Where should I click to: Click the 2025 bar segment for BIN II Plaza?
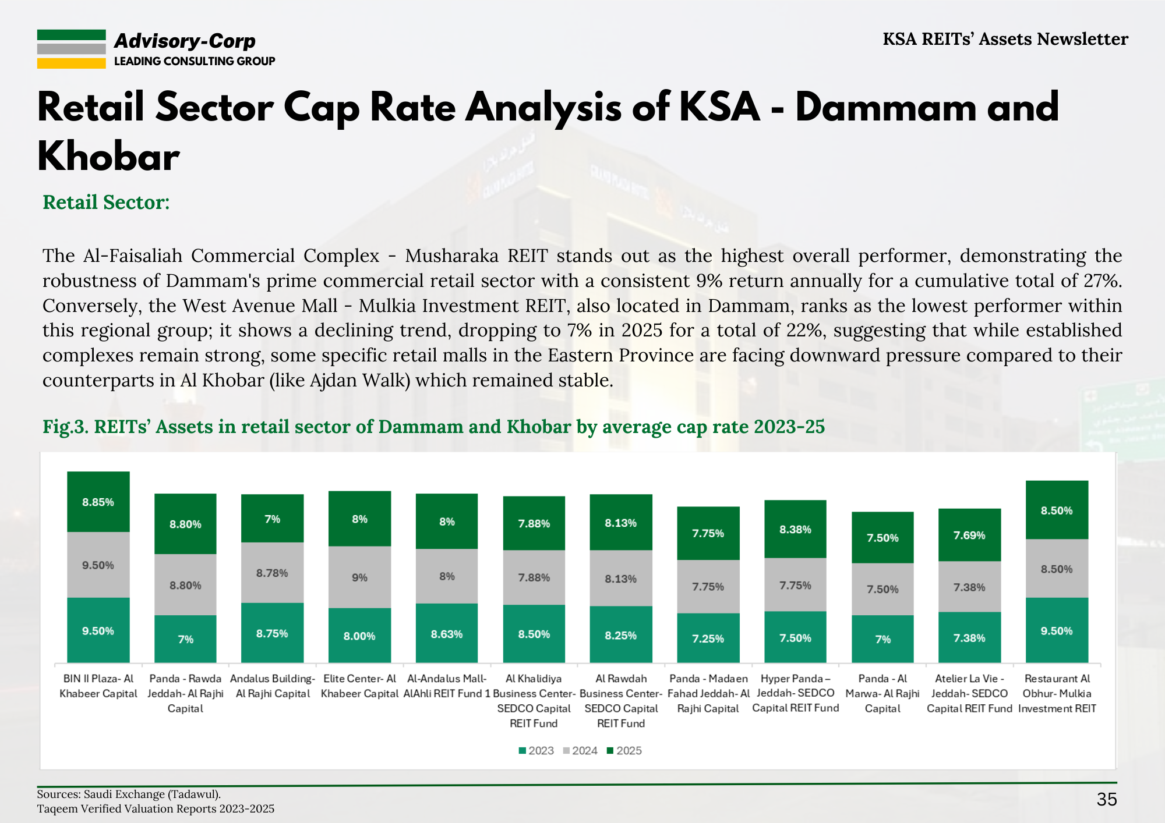coord(98,502)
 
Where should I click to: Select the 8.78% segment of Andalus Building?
coord(272,573)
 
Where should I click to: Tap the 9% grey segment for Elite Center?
coord(359,577)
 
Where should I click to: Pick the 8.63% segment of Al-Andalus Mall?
coord(447,634)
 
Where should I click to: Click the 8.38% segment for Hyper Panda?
coord(795,529)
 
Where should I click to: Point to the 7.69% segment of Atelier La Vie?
coord(969,535)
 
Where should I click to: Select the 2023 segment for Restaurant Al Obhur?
coord(1057,630)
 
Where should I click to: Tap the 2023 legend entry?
coord(536,751)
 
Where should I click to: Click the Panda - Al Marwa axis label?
coord(882,693)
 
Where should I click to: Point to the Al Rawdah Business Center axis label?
coord(621,701)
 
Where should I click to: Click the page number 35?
coord(1106,799)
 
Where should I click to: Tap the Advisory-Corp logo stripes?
coord(71,49)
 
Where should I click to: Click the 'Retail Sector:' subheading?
coord(106,202)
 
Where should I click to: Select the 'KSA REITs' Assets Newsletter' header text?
coord(1005,39)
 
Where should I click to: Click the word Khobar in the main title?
coord(109,157)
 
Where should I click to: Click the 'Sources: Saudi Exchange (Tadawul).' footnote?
coord(129,794)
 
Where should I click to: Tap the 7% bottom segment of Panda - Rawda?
coord(185,639)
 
